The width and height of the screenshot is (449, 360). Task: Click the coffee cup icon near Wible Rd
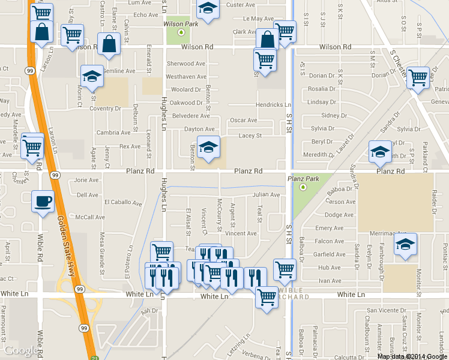pos(43,200)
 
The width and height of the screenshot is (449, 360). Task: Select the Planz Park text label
pos(303,179)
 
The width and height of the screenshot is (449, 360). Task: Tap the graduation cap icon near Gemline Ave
pos(92,76)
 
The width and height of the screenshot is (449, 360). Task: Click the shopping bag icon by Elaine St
pos(109,44)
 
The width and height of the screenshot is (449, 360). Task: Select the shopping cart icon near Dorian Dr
pos(418,77)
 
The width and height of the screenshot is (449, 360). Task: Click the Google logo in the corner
pos(20,350)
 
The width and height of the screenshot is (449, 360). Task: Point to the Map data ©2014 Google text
pos(412,356)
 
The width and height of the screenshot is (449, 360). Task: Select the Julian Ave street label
pos(266,195)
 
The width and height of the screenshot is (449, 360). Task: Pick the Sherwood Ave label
pos(185,64)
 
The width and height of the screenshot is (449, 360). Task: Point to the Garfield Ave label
pos(329,254)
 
